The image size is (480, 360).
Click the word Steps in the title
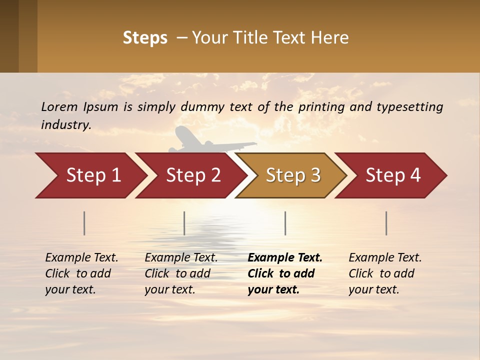click(145, 38)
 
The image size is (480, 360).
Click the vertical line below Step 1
click(84, 223)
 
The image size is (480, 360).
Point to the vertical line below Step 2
click(184, 223)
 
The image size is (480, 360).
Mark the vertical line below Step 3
click(285, 223)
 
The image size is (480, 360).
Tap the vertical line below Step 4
click(386, 223)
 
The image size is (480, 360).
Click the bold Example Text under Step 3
click(285, 258)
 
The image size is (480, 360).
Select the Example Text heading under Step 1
click(81, 258)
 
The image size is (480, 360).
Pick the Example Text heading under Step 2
click(181, 258)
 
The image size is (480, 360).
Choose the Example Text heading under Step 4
click(385, 258)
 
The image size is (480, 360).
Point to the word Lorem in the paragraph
click(59, 106)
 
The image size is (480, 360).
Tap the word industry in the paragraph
click(65, 125)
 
